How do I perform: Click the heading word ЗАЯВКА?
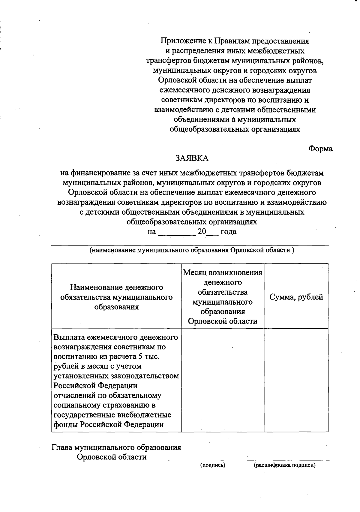(192, 158)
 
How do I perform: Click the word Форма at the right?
(320, 149)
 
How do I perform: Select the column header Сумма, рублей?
(296, 297)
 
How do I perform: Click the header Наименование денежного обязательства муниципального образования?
(116, 297)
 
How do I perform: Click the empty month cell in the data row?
(223, 380)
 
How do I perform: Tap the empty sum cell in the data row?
(296, 380)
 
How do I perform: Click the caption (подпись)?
(213, 465)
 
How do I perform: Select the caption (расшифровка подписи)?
(285, 465)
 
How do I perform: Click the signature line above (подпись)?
(201, 460)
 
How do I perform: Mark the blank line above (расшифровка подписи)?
(284, 460)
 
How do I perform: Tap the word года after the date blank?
(228, 232)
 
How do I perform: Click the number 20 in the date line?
(202, 232)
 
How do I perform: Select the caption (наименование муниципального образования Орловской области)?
(192, 250)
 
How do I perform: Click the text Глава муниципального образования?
(116, 447)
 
